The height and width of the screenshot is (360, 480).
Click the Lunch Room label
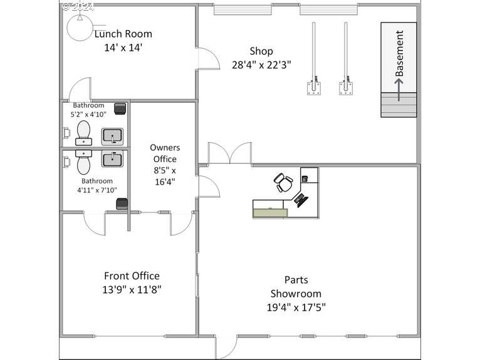[123, 34]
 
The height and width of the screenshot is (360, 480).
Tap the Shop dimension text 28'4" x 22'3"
[261, 65]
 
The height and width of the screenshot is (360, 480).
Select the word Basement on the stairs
[399, 53]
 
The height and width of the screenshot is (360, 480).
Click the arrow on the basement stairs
[399, 90]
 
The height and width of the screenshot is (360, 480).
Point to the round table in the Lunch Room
[80, 28]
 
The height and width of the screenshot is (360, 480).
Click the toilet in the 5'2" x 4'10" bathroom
[83, 133]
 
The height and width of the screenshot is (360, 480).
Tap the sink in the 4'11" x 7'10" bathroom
[112, 158]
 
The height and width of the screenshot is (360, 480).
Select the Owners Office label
[165, 153]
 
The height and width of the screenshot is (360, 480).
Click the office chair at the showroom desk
[283, 182]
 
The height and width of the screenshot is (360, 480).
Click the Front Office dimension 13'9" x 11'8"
[132, 289]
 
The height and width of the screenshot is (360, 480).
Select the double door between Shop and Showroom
[229, 153]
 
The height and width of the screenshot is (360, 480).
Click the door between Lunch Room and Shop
[209, 58]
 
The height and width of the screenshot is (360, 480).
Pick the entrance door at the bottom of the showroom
[226, 347]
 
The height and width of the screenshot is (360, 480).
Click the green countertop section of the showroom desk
[270, 213]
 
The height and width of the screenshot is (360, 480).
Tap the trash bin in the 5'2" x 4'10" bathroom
[120, 109]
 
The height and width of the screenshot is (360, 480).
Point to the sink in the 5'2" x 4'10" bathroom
[112, 136]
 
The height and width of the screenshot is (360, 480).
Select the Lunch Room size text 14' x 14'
[123, 48]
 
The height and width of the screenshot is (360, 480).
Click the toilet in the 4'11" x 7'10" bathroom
[83, 162]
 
